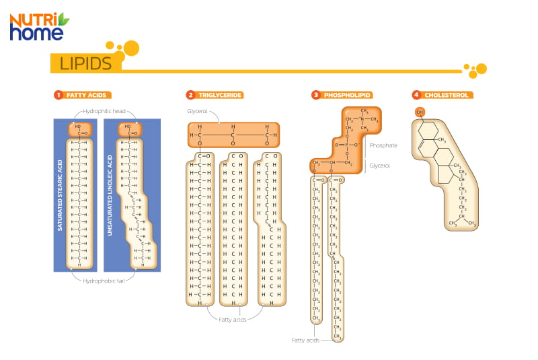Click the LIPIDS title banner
[x=85, y=64]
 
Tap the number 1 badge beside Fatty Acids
[x=59, y=96]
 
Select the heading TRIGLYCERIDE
[x=220, y=96]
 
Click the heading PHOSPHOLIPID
[x=348, y=96]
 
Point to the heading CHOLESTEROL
[x=446, y=96]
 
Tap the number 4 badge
[x=417, y=96]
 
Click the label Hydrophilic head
[x=104, y=112]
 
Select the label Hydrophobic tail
[x=104, y=280]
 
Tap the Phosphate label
[x=383, y=145]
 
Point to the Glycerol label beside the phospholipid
[x=379, y=165]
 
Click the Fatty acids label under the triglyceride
[x=233, y=319]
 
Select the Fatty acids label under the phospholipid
[x=305, y=340]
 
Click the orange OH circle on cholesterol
[x=420, y=112]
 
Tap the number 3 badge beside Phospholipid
[x=315, y=96]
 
